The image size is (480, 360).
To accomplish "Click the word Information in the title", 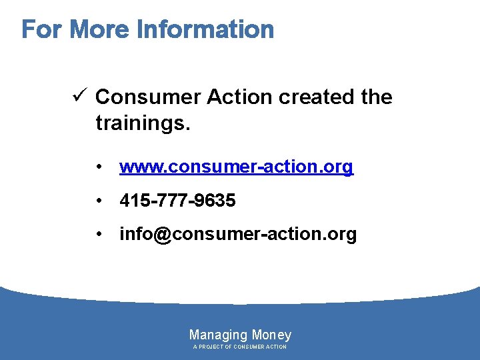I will click(205, 30).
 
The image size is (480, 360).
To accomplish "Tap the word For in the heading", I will click(43, 30).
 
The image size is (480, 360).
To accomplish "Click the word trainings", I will click(143, 123).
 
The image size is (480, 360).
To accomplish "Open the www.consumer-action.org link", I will click(236, 167).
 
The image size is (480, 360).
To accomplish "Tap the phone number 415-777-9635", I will click(177, 201).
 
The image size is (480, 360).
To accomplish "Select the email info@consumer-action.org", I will click(238, 235).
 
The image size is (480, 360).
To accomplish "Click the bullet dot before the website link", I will click(98, 167).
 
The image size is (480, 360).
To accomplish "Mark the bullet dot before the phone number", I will click(98, 201).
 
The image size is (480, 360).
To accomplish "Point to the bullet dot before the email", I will click(98, 235).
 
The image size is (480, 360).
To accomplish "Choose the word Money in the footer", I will click(271, 335).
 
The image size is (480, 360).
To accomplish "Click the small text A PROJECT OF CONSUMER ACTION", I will click(240, 347).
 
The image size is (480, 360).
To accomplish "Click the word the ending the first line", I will click(376, 97).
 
